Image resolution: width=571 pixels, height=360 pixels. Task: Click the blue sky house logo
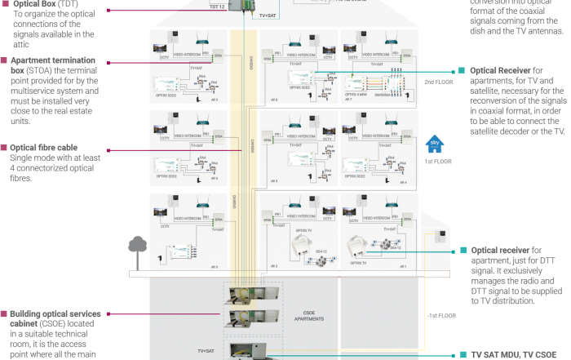click(433, 146)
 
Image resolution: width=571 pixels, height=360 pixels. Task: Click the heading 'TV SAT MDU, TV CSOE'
click(518, 355)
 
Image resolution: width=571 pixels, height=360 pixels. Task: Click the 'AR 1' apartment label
click(402, 266)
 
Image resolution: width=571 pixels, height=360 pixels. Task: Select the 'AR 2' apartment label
click(275, 266)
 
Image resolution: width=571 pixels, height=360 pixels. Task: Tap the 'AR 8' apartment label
click(275, 99)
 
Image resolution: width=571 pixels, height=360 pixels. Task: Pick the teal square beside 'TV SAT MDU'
click(462, 355)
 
